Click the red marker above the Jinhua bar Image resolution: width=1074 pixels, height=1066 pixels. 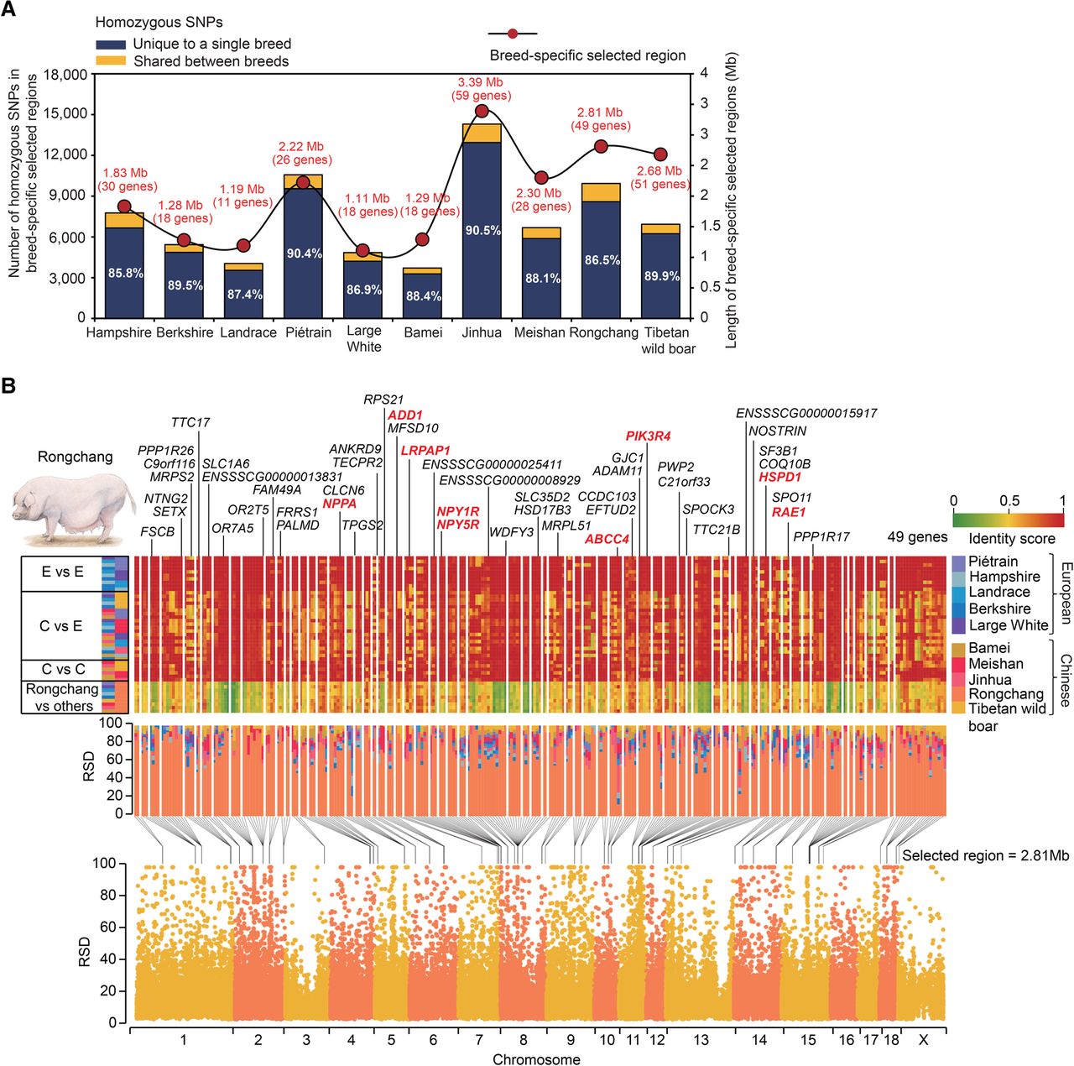(482, 111)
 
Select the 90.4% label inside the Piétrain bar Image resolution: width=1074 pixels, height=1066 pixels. (305, 253)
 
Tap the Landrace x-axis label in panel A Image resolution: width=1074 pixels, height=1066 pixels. (248, 332)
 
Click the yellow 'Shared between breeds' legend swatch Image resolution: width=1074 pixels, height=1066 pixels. (111, 60)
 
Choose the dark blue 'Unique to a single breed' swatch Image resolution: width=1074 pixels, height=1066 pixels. (111, 44)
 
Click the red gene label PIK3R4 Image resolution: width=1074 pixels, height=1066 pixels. (648, 436)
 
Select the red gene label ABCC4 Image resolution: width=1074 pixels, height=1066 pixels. (607, 539)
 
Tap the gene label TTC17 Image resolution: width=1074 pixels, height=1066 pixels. (190, 423)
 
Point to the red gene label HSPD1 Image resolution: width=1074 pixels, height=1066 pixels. (779, 477)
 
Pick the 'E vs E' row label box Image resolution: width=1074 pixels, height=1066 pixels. (62, 572)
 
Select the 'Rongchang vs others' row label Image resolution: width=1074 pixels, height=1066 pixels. (62, 698)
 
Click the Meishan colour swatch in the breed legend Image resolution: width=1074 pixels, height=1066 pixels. (959, 664)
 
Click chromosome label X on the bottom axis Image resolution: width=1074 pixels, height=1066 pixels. (924, 1040)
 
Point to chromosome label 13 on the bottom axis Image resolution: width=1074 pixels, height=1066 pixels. (701, 1040)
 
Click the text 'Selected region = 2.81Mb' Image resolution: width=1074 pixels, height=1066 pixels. (985, 855)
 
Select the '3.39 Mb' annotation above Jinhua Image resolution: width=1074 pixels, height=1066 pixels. (481, 82)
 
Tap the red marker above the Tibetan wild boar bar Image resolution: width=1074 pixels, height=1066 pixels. (660, 154)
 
